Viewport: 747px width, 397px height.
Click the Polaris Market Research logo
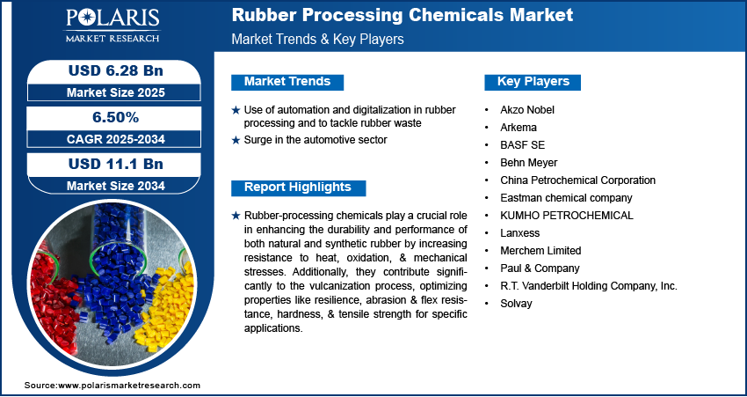[111, 26]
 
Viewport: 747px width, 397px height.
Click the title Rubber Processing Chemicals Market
[402, 15]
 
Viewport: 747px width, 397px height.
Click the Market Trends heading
[287, 82]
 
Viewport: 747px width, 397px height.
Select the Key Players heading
[533, 82]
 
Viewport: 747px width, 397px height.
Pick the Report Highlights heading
[297, 187]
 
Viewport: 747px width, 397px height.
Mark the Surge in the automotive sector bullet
[315, 140]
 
